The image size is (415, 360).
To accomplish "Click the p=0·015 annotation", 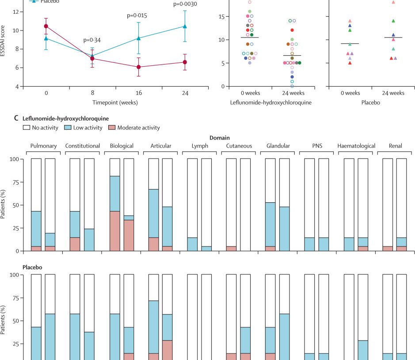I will pos(137,15).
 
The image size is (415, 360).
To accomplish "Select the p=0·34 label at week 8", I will pos(92,40).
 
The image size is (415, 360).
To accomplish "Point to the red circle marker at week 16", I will pos(139,67).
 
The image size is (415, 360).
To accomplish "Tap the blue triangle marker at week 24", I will pos(185,27).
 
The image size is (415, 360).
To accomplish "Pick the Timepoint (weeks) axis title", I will pos(115,103).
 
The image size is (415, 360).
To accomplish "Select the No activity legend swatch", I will pos(26,128).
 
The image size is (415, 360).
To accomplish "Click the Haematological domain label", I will pos(356,146).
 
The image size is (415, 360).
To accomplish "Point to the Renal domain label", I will pos(396,146).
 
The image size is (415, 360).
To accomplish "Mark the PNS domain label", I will pos(317,146).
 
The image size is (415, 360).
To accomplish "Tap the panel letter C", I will pos(16,118).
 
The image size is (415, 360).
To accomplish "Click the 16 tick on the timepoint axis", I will pos(139,94).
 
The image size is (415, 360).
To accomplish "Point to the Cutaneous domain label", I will pos(239,146).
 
